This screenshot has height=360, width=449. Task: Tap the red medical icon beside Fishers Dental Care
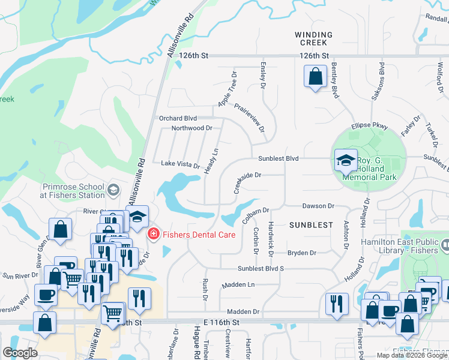[x=153, y=233]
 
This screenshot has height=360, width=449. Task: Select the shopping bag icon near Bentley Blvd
[x=315, y=77]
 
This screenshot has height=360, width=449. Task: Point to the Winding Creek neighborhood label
[x=312, y=38]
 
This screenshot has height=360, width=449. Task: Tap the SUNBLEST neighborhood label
[x=310, y=224]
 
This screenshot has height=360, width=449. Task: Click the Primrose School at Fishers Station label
[x=72, y=191]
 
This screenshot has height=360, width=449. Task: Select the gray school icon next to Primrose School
[x=113, y=191]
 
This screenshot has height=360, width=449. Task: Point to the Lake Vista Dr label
[x=180, y=164]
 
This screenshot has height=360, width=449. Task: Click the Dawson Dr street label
[x=318, y=206]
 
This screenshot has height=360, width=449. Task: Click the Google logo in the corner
[x=21, y=353]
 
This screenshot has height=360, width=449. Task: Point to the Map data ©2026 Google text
[x=412, y=355]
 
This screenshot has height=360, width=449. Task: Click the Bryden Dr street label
[x=301, y=253]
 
